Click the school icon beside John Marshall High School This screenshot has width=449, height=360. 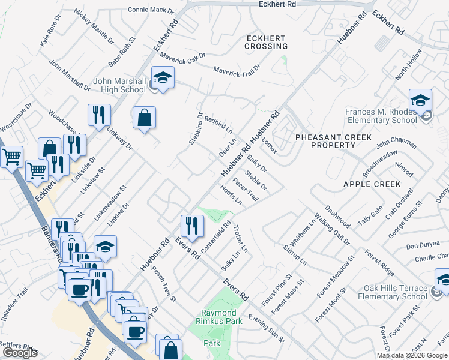point(162,77)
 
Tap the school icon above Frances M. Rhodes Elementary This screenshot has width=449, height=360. point(421,100)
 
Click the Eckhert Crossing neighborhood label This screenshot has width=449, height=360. point(267,41)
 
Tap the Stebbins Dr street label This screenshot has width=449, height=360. point(193,129)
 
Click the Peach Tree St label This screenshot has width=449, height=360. point(163,284)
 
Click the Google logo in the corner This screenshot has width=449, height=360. point(20,353)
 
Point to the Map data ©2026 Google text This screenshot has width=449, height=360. point(412,355)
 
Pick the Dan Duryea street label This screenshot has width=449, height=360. point(420,246)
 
